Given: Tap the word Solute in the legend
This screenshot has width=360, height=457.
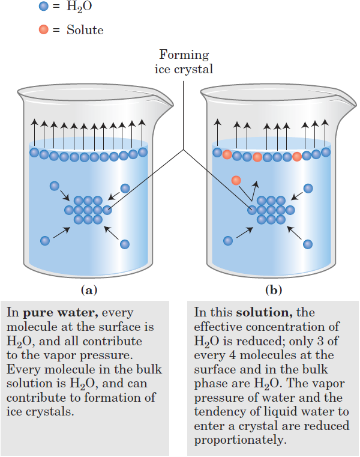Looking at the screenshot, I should [x=85, y=29].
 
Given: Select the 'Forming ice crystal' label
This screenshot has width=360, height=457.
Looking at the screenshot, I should [x=184, y=62].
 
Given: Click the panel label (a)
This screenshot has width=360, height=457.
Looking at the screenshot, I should [x=88, y=291].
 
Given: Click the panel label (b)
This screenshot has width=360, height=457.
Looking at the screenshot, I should [x=274, y=291].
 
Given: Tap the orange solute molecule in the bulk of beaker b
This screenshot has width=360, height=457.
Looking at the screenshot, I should [x=236, y=180].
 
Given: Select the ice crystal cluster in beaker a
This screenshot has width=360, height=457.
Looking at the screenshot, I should [x=88, y=210].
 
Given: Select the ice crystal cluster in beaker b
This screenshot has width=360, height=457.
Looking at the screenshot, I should [x=271, y=210].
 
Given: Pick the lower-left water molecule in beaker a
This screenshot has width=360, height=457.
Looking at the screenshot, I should [x=45, y=241].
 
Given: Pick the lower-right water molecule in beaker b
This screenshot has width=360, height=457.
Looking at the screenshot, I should [x=308, y=244].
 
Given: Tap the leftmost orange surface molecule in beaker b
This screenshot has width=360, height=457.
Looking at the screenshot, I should [x=227, y=155].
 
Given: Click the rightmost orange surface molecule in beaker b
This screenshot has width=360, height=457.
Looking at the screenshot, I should [x=297, y=156].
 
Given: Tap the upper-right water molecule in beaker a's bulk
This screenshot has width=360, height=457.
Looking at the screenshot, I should [x=125, y=188].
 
